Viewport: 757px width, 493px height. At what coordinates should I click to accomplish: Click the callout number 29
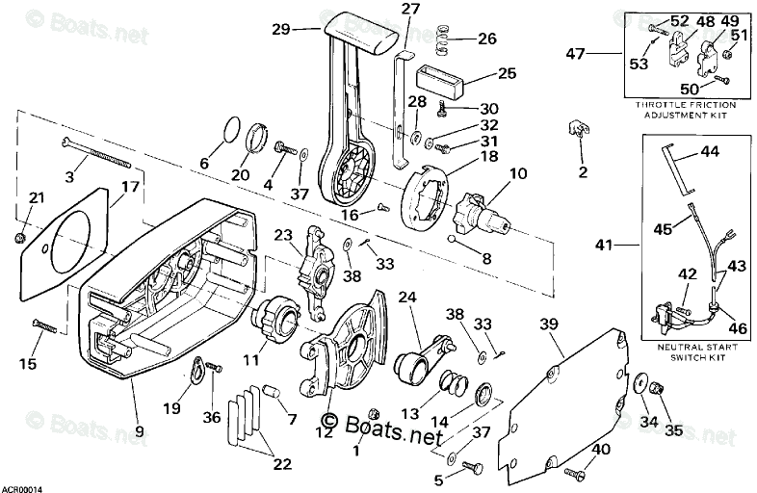pyautogui.click(x=281, y=29)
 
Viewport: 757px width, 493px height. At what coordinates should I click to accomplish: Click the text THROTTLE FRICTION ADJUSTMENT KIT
pyautogui.click(x=685, y=109)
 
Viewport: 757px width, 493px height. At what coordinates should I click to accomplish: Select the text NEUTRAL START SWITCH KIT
pyautogui.click(x=693, y=350)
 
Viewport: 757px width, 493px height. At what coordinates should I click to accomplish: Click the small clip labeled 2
pyautogui.click(x=580, y=131)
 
